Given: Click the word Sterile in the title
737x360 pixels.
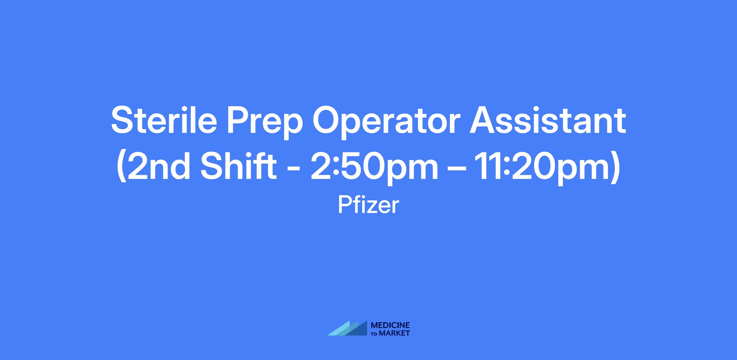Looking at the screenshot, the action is pos(164,120).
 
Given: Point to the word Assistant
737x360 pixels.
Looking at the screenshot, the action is pos(548,120).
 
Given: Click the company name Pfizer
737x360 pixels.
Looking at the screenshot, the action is pos(368,205).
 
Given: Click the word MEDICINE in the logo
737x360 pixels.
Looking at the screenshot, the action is pos(390,325).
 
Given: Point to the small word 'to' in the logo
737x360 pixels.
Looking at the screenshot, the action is pos(375,334).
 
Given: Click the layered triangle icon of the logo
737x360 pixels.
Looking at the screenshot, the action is pos(347,328).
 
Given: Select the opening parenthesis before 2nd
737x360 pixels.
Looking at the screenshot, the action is pos(122,168).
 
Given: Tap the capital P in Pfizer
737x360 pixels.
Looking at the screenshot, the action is pos(345,205).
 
